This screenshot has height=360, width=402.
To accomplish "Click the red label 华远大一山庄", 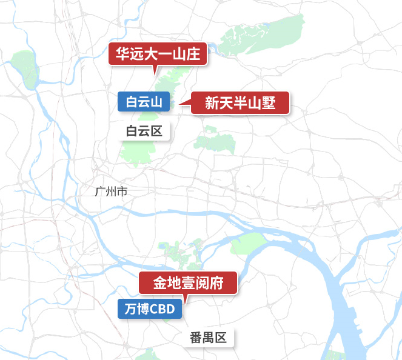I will (x=158, y=55).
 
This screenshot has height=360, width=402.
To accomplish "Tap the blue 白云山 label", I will (x=144, y=102).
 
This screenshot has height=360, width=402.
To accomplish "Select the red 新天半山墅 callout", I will (x=240, y=103).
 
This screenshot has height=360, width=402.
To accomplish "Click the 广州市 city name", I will (x=112, y=192).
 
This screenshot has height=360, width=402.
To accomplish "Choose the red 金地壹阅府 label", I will (x=188, y=283).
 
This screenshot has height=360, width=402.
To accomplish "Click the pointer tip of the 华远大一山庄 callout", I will (x=156, y=73).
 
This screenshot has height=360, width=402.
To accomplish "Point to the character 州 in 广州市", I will (x=112, y=192).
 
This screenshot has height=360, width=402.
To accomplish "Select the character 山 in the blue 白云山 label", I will (x=156, y=102).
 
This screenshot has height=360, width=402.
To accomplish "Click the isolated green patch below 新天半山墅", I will (x=215, y=143).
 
